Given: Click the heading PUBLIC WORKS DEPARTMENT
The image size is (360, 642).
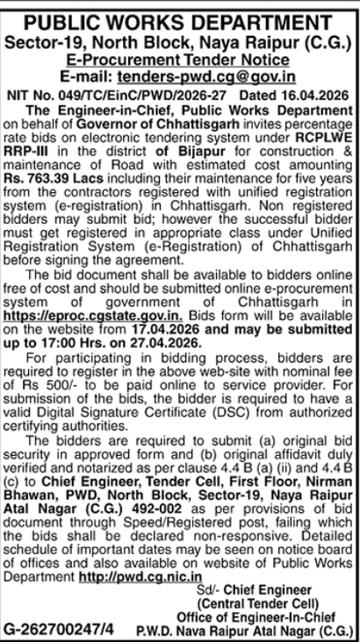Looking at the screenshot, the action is tap(180, 14).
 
